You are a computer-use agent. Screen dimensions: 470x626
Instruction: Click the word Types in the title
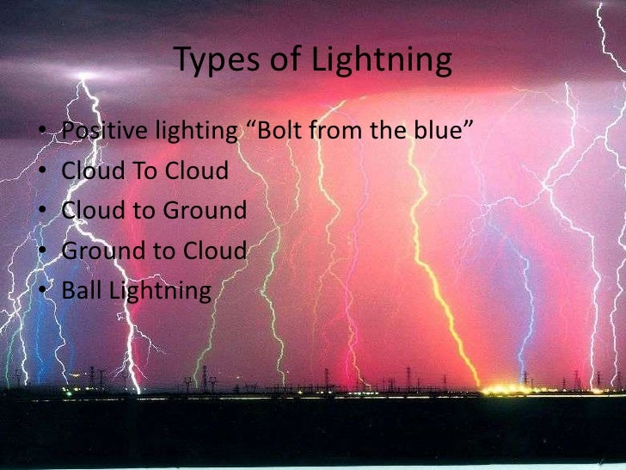click(x=209, y=60)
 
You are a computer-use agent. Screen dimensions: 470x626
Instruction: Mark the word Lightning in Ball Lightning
click(x=161, y=291)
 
